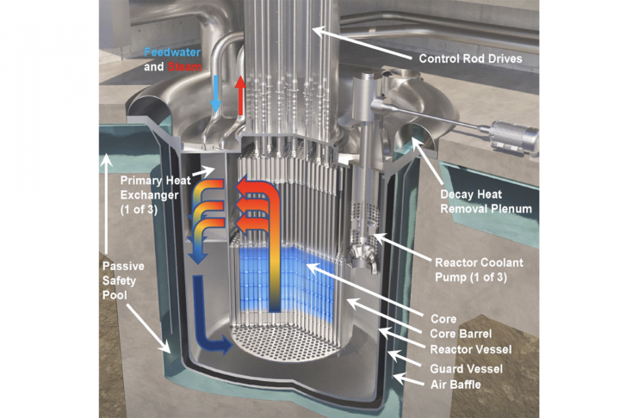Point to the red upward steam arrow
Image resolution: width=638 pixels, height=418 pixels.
241,91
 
